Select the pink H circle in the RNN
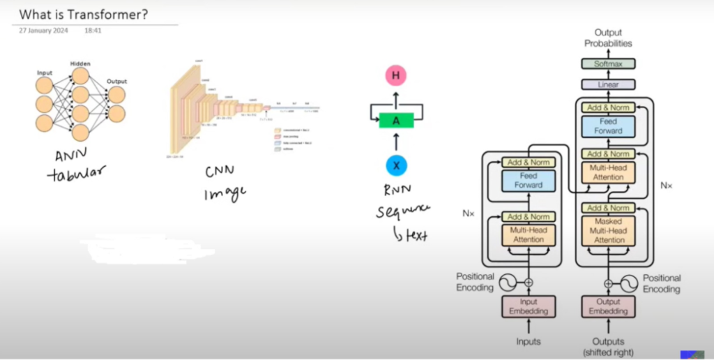tap(396, 76)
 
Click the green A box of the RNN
tap(396, 120)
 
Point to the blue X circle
tap(396, 165)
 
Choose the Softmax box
tap(608, 63)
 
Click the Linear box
tap(608, 84)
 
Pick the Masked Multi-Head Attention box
tap(608, 231)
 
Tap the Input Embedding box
tap(529, 306)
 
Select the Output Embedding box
tap(608, 306)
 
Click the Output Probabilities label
tap(608, 38)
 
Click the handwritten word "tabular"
tap(75, 174)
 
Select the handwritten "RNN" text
tap(400, 188)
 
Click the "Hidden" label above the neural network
tap(81, 63)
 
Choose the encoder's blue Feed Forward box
tap(529, 181)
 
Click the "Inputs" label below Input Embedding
tap(529, 342)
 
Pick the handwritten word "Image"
tap(225, 193)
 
